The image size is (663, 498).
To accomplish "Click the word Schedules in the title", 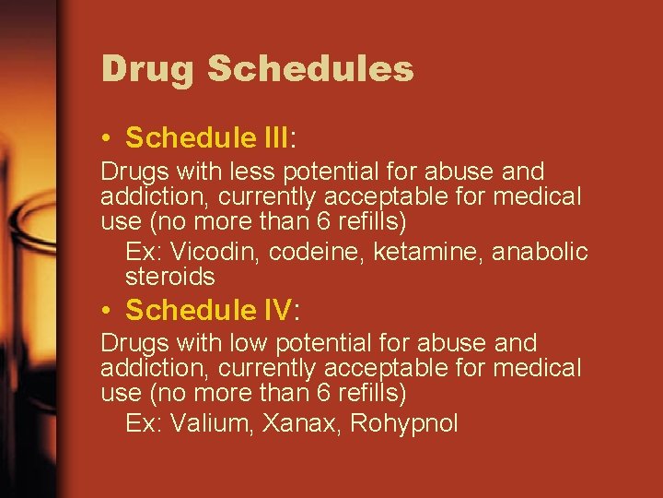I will point(310,69).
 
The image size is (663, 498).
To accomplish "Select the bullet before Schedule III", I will point(108,139).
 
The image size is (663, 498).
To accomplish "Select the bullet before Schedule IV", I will point(108,311).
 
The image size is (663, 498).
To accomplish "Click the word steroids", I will point(169,277).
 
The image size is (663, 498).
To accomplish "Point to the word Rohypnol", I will point(404,423).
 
